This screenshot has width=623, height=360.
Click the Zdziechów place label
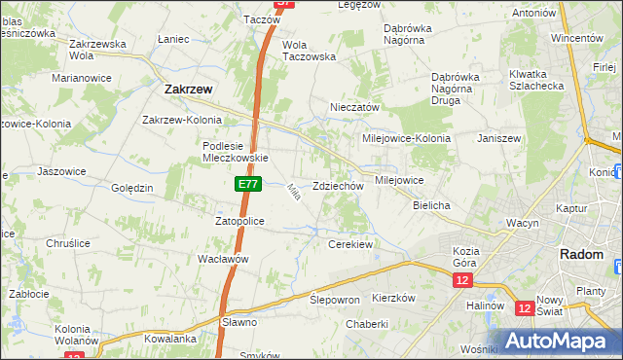click(x=338, y=186)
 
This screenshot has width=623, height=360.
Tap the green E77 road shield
click(x=246, y=183)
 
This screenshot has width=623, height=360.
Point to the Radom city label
click(x=581, y=254)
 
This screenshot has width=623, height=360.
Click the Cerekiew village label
click(x=350, y=244)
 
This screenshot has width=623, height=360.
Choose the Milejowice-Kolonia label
click(x=407, y=138)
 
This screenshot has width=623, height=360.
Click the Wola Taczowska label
click(x=309, y=51)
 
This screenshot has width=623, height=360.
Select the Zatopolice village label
click(x=239, y=221)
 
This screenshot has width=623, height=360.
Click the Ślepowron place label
click(x=335, y=299)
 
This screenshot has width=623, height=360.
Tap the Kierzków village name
click(x=393, y=298)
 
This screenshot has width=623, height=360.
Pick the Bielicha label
click(x=431, y=206)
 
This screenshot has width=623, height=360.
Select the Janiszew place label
click(x=499, y=138)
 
